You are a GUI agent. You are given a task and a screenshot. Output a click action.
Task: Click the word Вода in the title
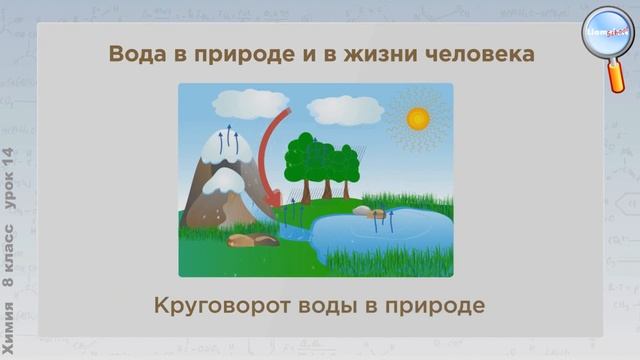pyautogui.click(x=138, y=54)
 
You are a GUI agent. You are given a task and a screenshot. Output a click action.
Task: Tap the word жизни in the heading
pyautogui.click(x=380, y=54)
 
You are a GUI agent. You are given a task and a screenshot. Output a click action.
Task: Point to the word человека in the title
pyautogui.click(x=478, y=54)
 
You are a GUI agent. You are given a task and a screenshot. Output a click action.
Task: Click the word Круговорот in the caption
pyautogui.click(x=227, y=304)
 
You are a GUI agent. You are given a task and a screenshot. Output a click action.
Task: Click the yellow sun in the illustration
pyautogui.click(x=418, y=118)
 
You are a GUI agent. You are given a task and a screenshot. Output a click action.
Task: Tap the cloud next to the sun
pyautogui.click(x=345, y=109)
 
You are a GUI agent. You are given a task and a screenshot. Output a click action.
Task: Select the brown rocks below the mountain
pyautogui.click(x=253, y=240)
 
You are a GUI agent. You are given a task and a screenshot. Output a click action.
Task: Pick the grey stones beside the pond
pyautogui.click(x=369, y=212)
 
